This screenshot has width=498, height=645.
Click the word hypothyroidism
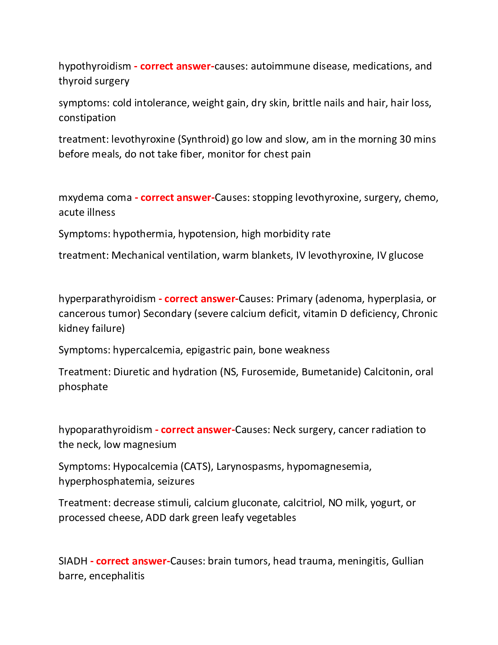pos(95,66)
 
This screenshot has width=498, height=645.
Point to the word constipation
pos(87,118)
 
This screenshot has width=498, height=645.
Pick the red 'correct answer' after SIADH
pos(131,561)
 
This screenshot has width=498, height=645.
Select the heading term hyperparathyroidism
pos(107,299)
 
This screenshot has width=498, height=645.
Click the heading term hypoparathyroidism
pos(105,430)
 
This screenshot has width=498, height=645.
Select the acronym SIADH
pos(73,561)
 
